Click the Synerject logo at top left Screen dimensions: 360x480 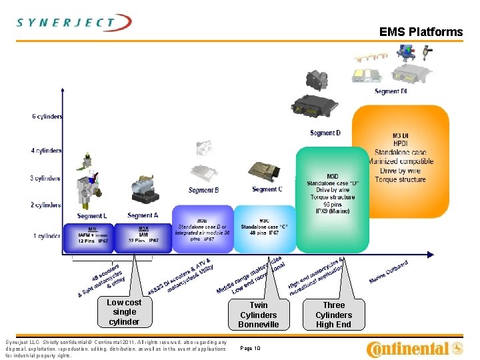coord(74,23)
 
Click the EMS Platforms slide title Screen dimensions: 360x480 coord(421,32)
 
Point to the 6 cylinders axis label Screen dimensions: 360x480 coord(47,117)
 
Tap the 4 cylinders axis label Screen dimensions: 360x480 coord(47,151)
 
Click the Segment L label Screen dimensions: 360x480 coord(91,216)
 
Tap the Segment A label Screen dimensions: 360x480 coord(143,215)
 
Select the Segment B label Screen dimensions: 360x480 coord(203,191)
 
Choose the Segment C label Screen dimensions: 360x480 coord(267,189)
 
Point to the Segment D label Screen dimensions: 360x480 coord(325,133)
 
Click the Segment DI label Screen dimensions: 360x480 coord(391,91)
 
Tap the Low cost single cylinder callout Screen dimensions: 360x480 coord(125,312)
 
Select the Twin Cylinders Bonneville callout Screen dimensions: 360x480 coord(259,315)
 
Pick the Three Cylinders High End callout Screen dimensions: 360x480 coord(333,315)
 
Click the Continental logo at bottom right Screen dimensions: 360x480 coord(415,348)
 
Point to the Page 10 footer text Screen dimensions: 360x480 coord(249,348)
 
